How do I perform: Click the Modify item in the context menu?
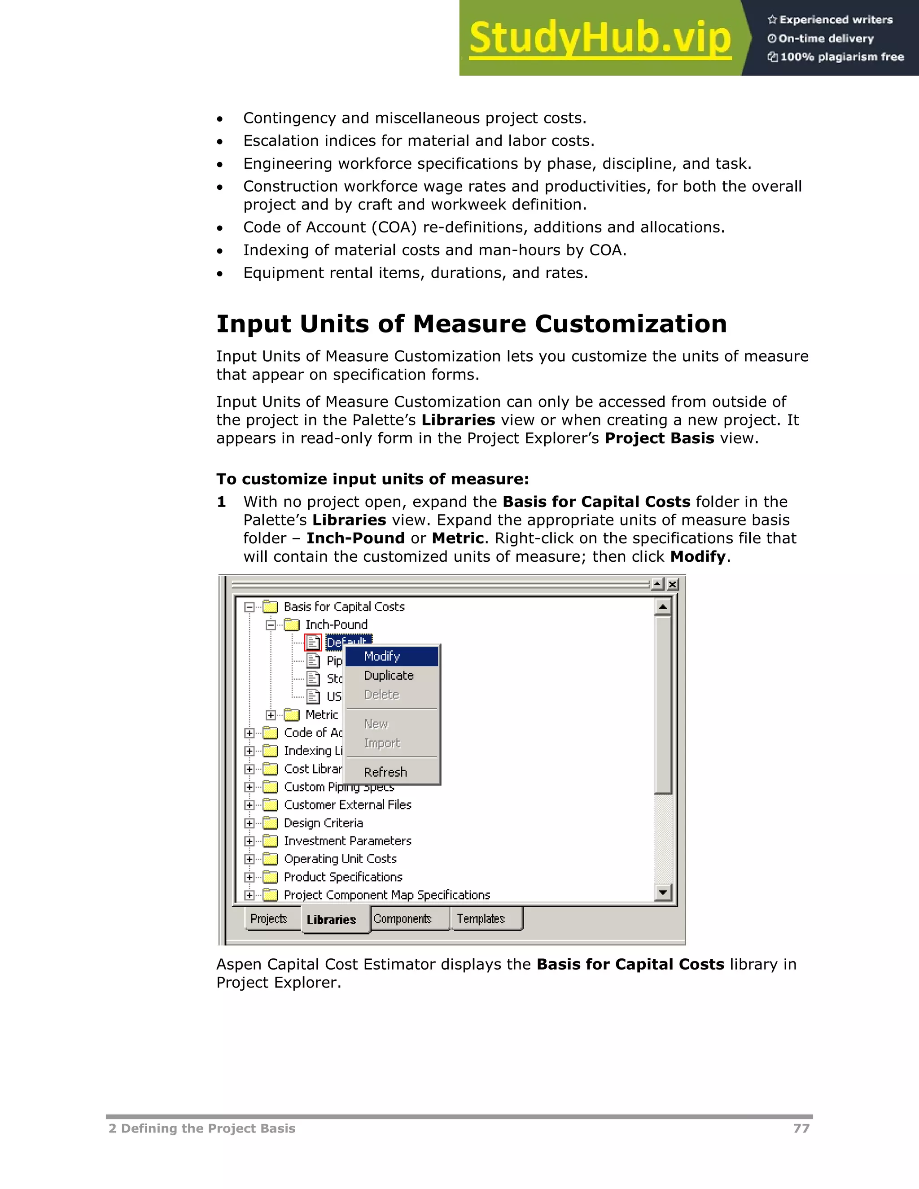pyautogui.click(x=382, y=656)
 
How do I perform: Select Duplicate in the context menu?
pyautogui.click(x=389, y=675)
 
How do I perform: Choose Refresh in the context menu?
pyautogui.click(x=385, y=772)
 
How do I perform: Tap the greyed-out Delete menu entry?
pyautogui.click(x=382, y=694)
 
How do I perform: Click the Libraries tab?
pyautogui.click(x=332, y=919)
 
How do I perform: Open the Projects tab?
pyautogui.click(x=269, y=918)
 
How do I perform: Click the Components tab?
pyautogui.click(x=403, y=918)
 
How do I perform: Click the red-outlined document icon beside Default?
pyautogui.click(x=313, y=643)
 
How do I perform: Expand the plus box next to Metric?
pyautogui.click(x=271, y=715)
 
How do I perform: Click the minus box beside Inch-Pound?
pyautogui.click(x=271, y=625)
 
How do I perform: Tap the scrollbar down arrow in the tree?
pyautogui.click(x=663, y=892)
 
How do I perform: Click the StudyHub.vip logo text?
pyautogui.click(x=600, y=38)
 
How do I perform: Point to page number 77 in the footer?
pyautogui.click(x=801, y=1128)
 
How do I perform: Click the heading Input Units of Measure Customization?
pyautogui.click(x=472, y=324)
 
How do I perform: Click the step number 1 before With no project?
pyautogui.click(x=221, y=502)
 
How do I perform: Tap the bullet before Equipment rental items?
pyautogui.click(x=220, y=273)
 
